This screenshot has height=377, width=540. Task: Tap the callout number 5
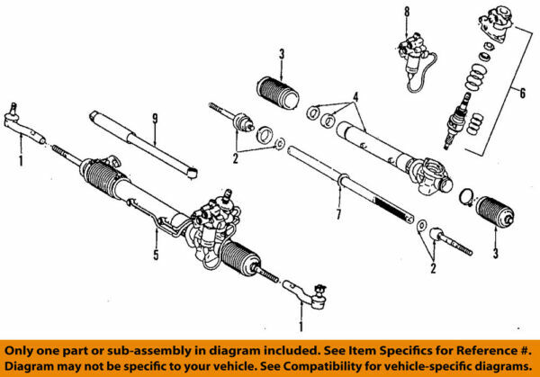click(155, 255)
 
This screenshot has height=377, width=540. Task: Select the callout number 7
click(337, 217)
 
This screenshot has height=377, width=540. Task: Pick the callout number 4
click(356, 96)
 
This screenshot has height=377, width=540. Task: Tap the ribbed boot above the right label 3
click(494, 217)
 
